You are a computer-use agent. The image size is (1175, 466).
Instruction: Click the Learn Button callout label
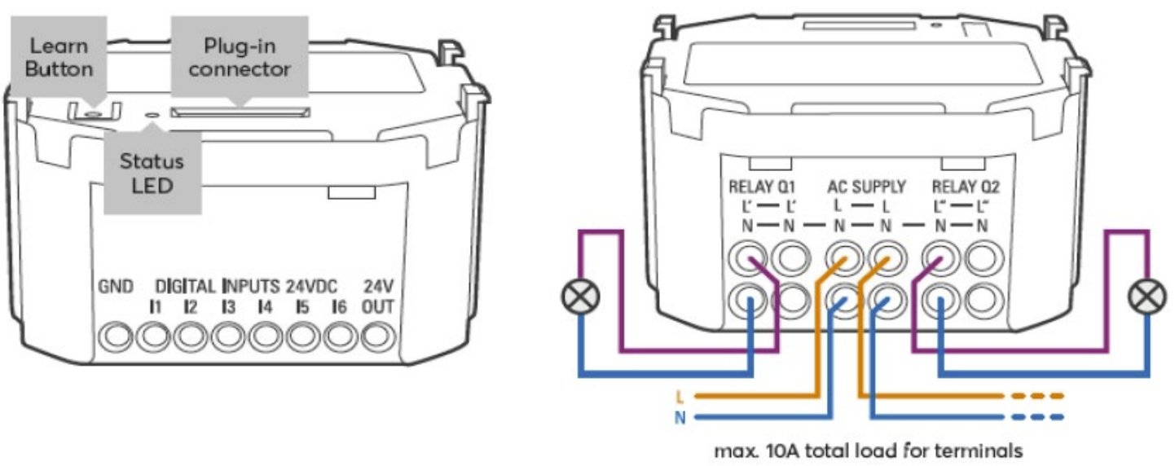pyautogui.click(x=58, y=59)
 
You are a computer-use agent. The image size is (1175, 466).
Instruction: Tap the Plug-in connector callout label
pyautogui.click(x=239, y=57)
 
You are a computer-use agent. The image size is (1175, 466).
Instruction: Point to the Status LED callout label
pyautogui.click(x=152, y=173)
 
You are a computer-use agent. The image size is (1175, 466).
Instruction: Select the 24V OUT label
pyautogui.click(x=377, y=297)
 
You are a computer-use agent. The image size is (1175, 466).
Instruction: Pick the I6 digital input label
pyautogui.click(x=340, y=307)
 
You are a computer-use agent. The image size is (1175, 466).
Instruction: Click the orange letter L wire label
pyautogui.click(x=679, y=398)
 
